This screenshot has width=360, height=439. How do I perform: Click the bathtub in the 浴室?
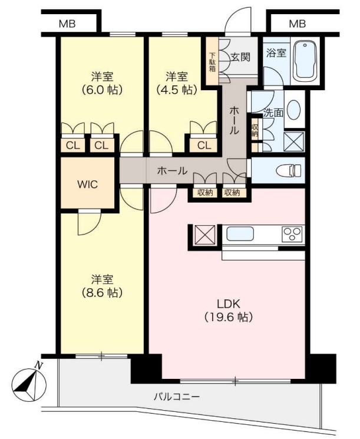(305, 61)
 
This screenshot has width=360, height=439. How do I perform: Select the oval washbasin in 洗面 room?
(295, 110)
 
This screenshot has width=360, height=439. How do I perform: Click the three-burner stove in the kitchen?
(292, 234)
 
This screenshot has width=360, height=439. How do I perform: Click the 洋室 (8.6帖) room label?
(101, 285)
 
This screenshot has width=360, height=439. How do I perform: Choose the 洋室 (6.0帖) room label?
(101, 83)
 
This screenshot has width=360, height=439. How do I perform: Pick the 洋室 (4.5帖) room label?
(176, 83)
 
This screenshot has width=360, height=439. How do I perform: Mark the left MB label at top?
(67, 24)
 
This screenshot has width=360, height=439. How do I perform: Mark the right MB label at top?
(298, 24)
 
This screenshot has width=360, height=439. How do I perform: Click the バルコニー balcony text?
(177, 397)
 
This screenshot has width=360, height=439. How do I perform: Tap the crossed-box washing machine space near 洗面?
(292, 141)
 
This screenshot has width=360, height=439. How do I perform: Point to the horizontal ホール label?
(172, 171)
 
